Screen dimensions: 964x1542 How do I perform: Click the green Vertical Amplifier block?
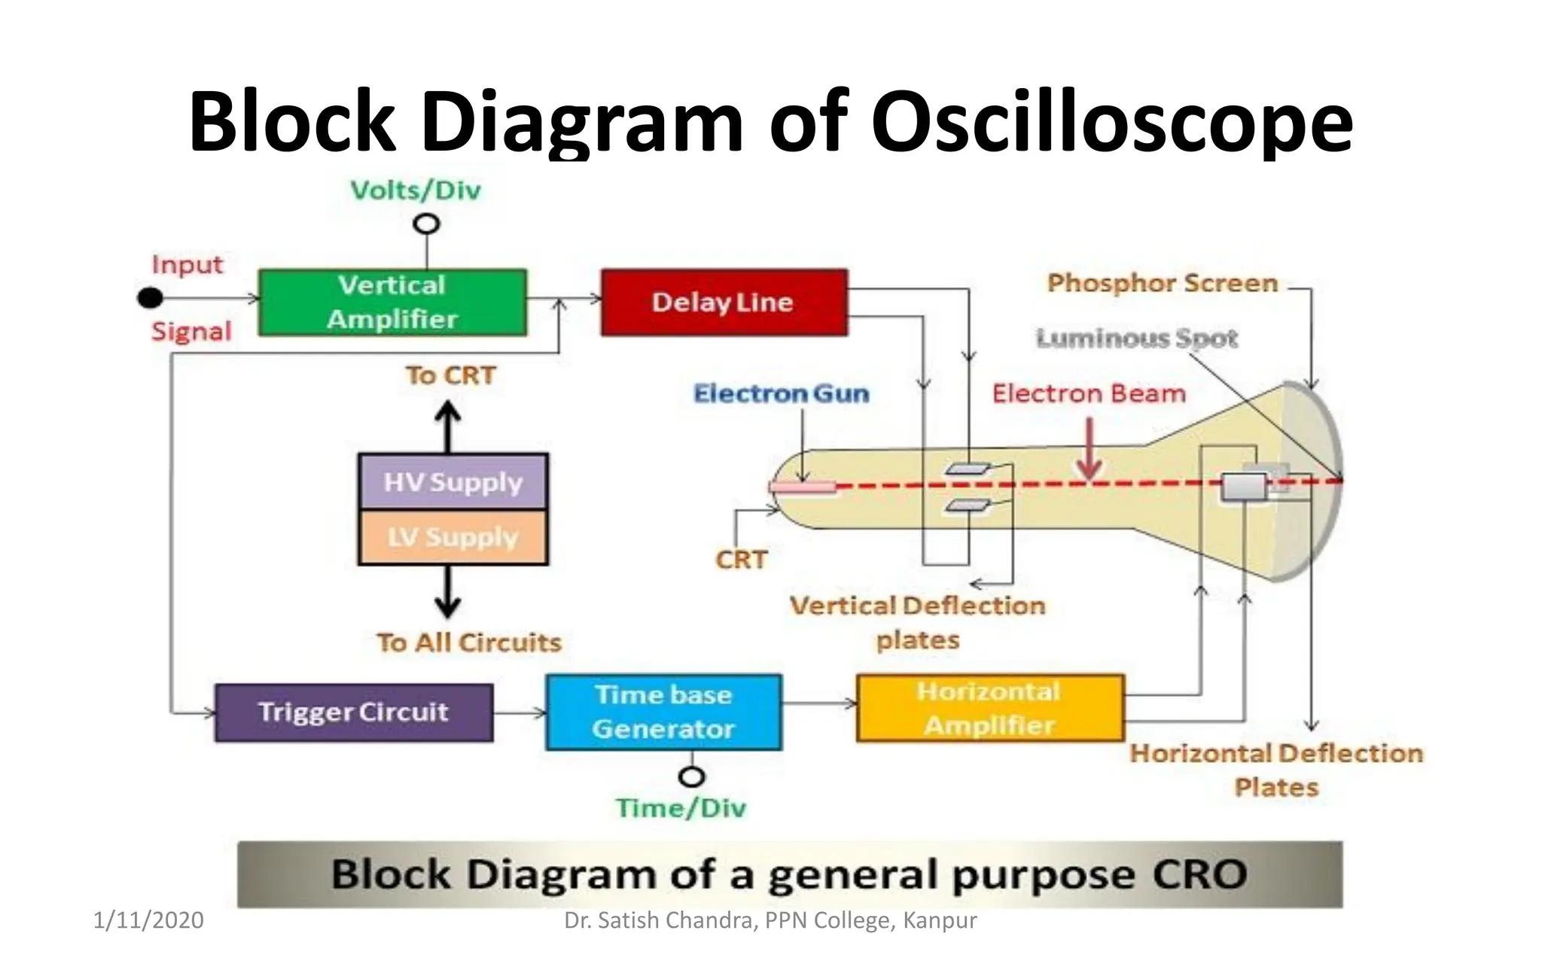(392, 302)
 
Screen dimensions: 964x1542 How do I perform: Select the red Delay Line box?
(724, 302)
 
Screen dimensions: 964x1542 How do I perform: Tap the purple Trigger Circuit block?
(354, 712)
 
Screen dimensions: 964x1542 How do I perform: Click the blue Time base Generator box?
(663, 712)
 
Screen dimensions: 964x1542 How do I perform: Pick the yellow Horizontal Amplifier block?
(989, 708)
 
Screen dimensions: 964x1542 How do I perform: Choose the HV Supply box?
(453, 482)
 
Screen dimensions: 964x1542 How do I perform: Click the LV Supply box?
(453, 538)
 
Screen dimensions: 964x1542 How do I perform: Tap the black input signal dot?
(150, 298)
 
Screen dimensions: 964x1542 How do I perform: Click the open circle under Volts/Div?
(427, 224)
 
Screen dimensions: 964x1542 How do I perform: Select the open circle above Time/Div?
(691, 776)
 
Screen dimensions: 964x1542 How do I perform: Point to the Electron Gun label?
(781, 393)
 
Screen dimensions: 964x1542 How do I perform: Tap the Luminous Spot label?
(1136, 338)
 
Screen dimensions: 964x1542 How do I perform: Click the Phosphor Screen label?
(1163, 283)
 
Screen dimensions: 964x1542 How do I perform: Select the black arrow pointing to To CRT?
(449, 426)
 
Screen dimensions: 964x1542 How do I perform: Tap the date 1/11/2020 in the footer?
(148, 920)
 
